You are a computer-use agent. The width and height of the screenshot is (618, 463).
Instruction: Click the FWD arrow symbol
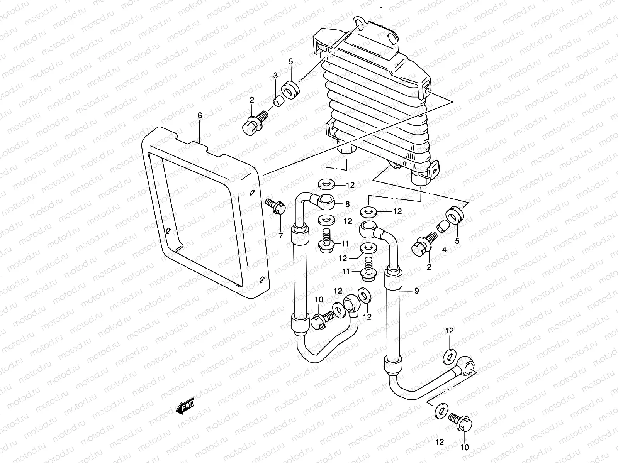coord(185,406)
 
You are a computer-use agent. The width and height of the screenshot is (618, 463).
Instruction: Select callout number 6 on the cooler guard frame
coord(200,115)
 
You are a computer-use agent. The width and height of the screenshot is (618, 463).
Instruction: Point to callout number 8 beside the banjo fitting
coord(347,204)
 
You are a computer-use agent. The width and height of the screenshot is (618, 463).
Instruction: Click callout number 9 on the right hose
coord(416,291)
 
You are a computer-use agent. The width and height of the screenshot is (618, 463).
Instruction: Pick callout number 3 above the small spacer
coord(275,76)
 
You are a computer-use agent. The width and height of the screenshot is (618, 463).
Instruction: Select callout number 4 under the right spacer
coord(444,250)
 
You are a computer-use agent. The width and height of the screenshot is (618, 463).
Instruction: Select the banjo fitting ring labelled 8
coord(322,200)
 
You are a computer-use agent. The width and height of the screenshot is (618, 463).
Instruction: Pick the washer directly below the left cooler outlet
coord(327,184)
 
